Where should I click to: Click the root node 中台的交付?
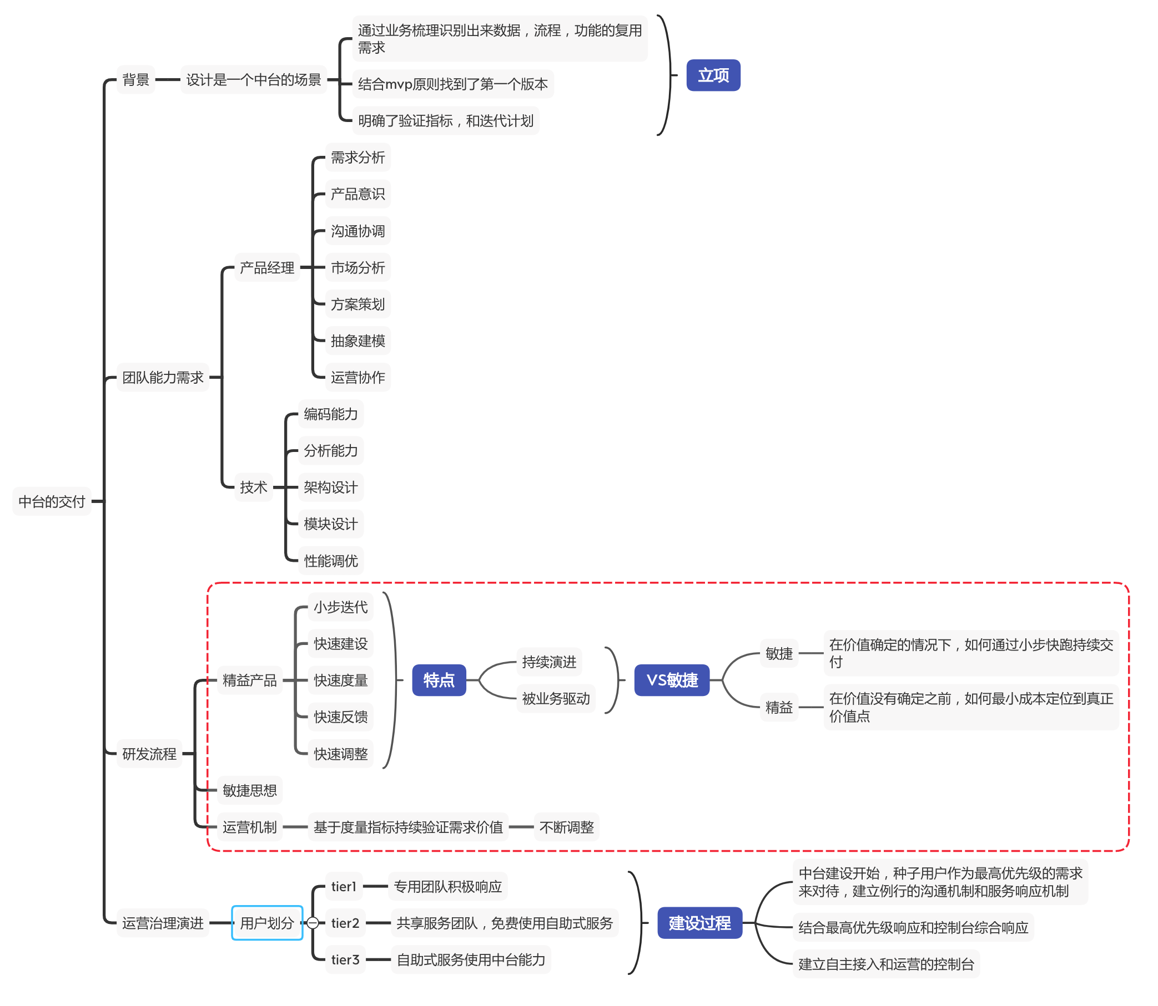point(52,501)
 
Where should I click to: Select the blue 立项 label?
point(713,75)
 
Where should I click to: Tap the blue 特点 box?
point(439,680)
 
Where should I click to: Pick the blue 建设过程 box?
point(699,923)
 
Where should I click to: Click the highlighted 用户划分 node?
point(267,923)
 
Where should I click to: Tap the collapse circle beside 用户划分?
point(313,923)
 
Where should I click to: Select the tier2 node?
point(345,923)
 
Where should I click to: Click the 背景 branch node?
point(135,80)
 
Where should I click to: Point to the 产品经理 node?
point(267,268)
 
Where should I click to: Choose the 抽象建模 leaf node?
point(358,341)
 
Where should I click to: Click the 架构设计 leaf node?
point(330,487)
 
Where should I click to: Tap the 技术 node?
point(253,487)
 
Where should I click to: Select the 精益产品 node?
point(249,680)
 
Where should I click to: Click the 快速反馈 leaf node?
point(340,717)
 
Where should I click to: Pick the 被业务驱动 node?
point(556,698)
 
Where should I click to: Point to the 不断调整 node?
point(566,827)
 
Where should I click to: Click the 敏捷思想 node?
point(249,790)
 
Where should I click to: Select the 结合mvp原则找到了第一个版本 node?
point(452,84)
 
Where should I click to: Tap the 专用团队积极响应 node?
point(448,886)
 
